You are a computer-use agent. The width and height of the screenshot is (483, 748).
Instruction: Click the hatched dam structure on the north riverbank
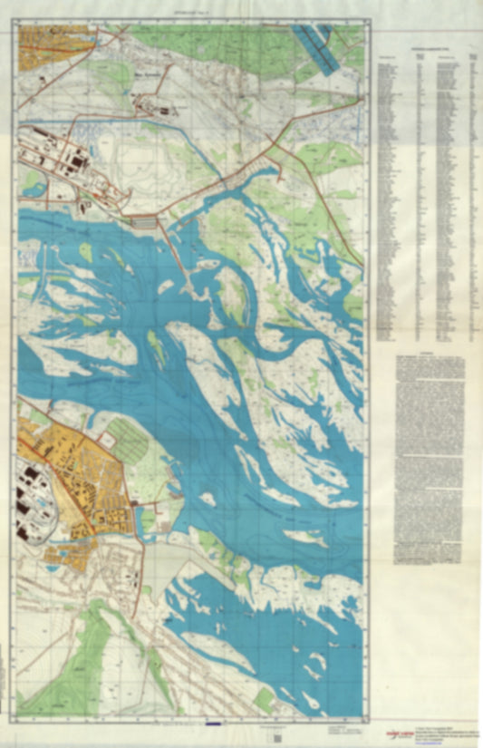pos(144,221)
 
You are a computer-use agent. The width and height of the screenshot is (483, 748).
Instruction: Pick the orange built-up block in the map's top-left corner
pos(54,37)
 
